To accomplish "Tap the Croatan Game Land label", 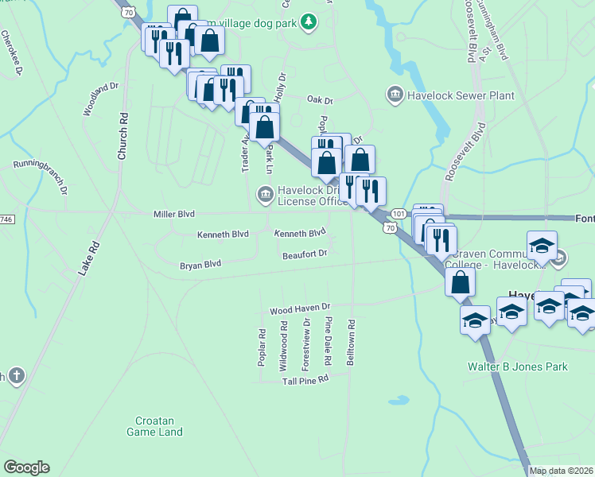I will click(154, 426).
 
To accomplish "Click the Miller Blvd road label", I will click(173, 215).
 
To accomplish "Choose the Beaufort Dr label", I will click(305, 254).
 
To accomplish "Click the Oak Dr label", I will click(319, 100).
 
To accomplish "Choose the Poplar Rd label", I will click(262, 348).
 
